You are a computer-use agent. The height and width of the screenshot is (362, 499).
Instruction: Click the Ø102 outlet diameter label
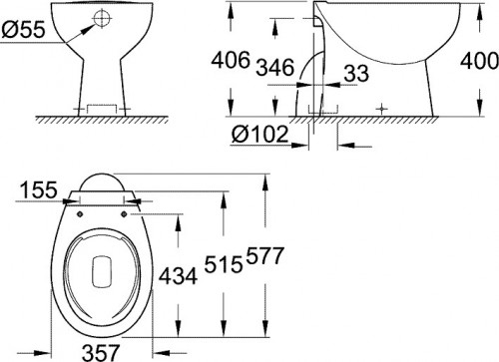pos(258,132)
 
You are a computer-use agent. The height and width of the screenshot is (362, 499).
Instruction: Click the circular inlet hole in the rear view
pos(102,17)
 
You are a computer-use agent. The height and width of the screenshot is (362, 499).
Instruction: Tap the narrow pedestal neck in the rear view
pos(102,75)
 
